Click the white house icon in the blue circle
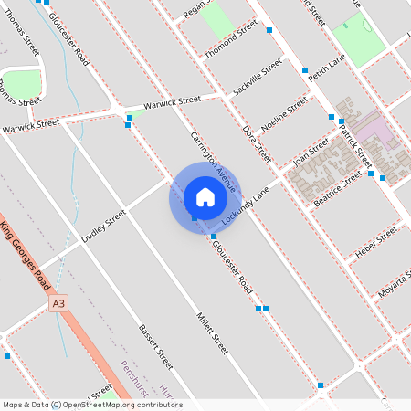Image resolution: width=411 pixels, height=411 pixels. pyautogui.click(x=205, y=196)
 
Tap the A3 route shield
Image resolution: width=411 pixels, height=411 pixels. pyautogui.click(x=59, y=302)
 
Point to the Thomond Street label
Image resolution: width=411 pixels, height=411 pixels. pyautogui.click(x=232, y=42)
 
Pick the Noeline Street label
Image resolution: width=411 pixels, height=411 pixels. pyautogui.click(x=285, y=118)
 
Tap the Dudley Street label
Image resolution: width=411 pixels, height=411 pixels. pyautogui.click(x=103, y=227)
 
